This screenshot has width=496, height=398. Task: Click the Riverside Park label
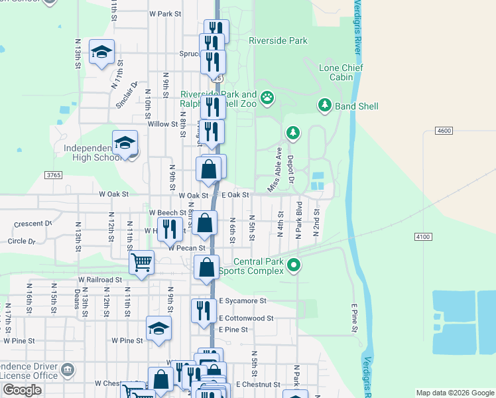pyautogui.click(x=278, y=40)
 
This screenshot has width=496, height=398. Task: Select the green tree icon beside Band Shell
pyautogui.click(x=324, y=105)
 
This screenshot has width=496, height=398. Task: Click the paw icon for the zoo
pyautogui.click(x=267, y=99)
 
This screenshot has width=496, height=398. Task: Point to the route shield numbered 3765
pyautogui.click(x=54, y=175)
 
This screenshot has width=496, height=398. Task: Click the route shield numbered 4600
pyautogui.click(x=444, y=131)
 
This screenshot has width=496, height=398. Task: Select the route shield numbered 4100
pyautogui.click(x=422, y=237)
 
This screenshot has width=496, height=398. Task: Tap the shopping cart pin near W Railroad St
pyautogui.click(x=141, y=263)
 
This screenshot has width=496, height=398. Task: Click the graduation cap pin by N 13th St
pyautogui.click(x=102, y=52)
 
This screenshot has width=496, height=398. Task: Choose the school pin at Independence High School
pyautogui.click(x=125, y=142)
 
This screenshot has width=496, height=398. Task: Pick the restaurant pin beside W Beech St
pyautogui.click(x=170, y=229)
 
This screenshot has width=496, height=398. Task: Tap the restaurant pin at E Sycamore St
pyautogui.click(x=204, y=310)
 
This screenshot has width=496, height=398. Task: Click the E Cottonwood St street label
pyautogui.click(x=246, y=318)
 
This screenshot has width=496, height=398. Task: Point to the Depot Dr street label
pyautogui.click(x=290, y=170)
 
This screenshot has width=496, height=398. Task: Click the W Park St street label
pyautogui.click(x=165, y=13)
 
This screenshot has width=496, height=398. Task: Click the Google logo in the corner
pyautogui.click(x=22, y=390)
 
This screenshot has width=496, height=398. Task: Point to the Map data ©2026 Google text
pyautogui.click(x=454, y=393)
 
